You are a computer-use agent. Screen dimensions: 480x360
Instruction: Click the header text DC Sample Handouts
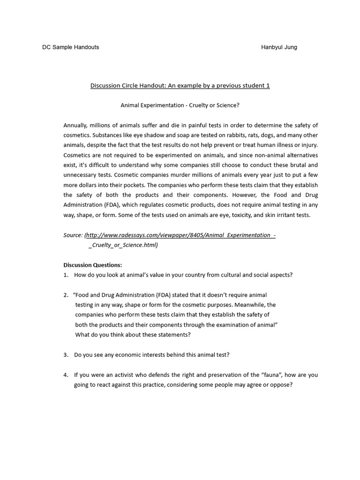coord(71,47)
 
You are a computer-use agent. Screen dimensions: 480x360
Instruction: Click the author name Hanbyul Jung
coord(279,47)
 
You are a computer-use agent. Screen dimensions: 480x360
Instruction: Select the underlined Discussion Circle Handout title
coord(180,86)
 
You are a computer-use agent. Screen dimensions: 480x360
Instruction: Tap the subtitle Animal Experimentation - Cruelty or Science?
coord(180,105)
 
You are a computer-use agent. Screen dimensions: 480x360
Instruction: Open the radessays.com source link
coord(180,235)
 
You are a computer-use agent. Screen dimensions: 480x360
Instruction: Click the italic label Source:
coord(74,235)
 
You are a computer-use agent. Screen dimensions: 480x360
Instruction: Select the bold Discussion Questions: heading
coord(92,265)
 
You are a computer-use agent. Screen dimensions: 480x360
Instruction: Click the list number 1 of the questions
coord(66,275)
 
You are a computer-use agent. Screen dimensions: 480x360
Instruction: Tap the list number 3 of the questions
coord(66,355)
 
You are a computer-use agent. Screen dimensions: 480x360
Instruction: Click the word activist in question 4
coord(124,375)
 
